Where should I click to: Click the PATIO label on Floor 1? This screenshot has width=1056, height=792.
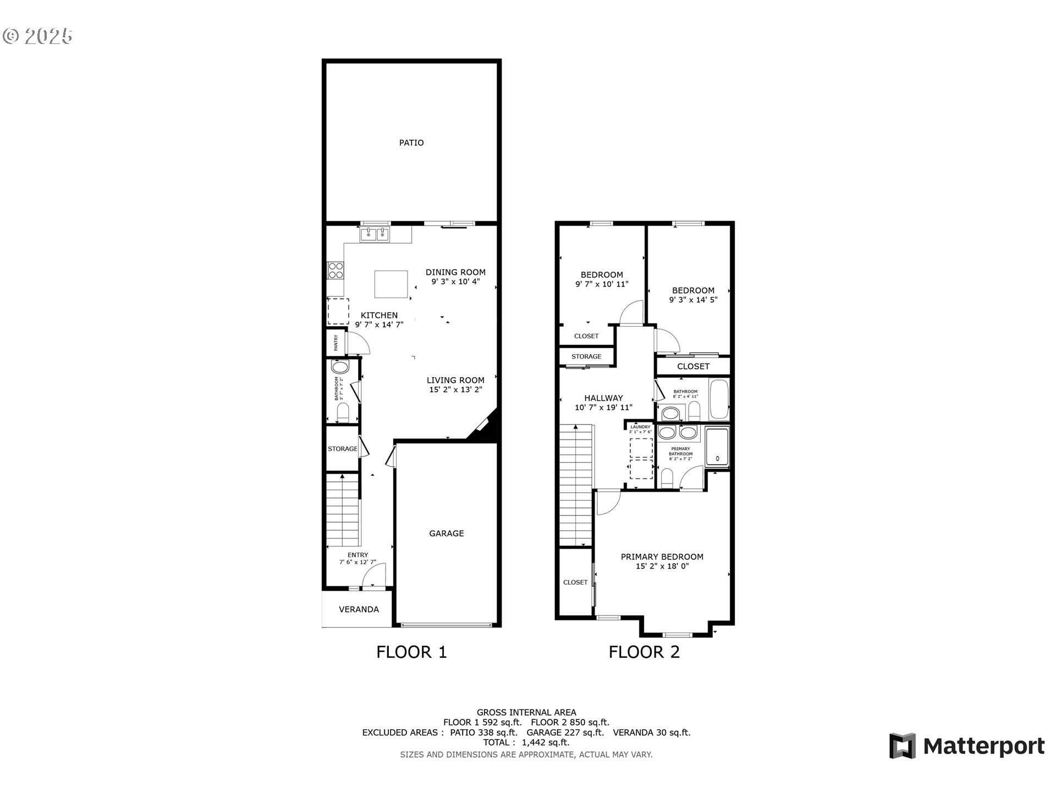click(x=411, y=143)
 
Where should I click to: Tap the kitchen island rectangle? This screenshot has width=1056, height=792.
click(x=391, y=284)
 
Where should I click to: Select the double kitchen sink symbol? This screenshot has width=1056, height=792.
click(x=375, y=235)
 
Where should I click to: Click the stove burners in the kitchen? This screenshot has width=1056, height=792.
click(x=335, y=271)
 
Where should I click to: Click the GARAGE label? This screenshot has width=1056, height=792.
click(x=446, y=533)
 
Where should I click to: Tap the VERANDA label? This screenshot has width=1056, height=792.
click(x=359, y=609)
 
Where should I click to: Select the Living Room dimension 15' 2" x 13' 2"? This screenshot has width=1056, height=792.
click(x=455, y=390)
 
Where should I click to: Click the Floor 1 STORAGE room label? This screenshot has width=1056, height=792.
click(x=343, y=449)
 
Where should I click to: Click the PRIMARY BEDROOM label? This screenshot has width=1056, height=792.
click(x=662, y=557)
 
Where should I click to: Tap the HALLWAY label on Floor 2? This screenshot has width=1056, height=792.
click(x=603, y=398)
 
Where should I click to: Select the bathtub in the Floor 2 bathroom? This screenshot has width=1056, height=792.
click(x=719, y=399)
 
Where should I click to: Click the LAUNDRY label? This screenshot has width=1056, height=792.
click(x=640, y=427)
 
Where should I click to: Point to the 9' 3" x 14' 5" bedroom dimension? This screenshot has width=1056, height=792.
click(x=693, y=300)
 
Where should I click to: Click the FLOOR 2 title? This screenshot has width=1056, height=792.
click(x=643, y=652)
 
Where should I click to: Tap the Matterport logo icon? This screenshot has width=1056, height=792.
click(x=902, y=746)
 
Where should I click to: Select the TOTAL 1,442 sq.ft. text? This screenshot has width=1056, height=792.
click(x=526, y=743)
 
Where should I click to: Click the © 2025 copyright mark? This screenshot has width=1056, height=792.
click(x=37, y=36)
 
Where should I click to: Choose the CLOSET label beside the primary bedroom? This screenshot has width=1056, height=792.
click(x=575, y=582)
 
